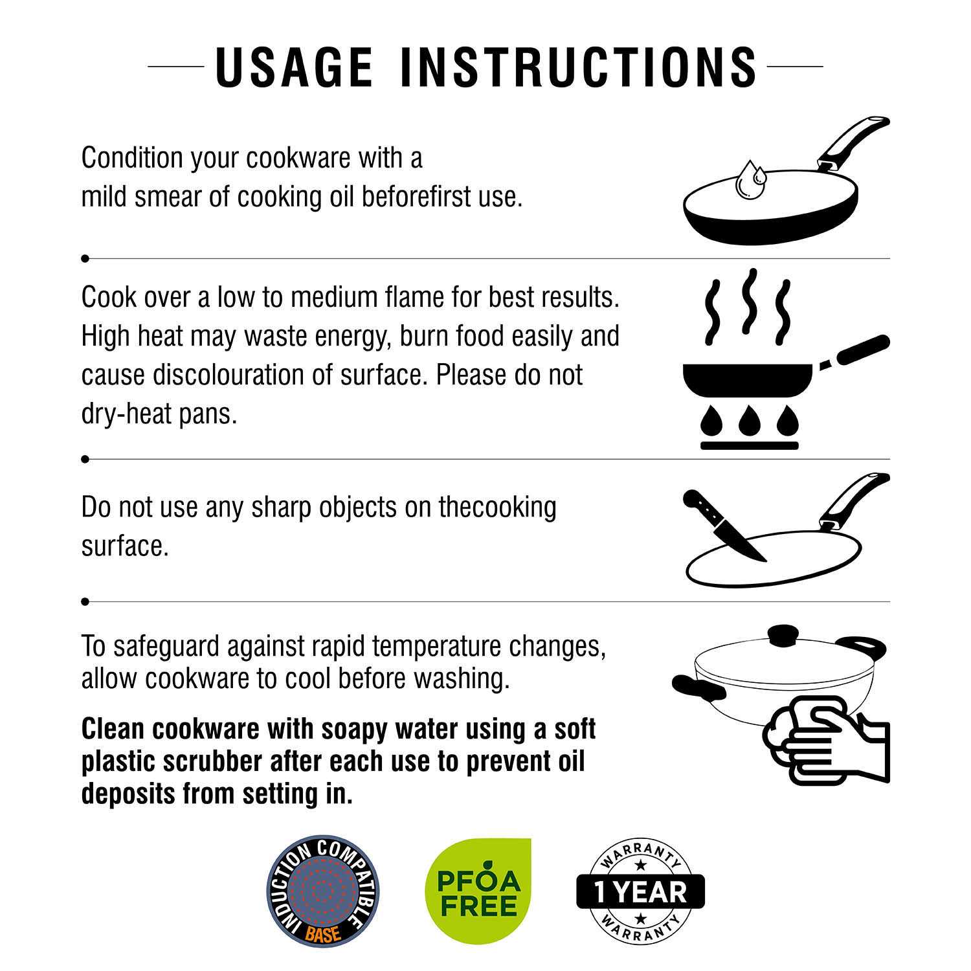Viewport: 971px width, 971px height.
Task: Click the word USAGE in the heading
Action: click(x=294, y=66)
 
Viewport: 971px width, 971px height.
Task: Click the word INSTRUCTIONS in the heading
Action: click(x=579, y=66)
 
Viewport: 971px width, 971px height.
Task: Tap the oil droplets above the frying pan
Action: click(x=751, y=179)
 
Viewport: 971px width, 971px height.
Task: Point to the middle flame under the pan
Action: click(x=750, y=420)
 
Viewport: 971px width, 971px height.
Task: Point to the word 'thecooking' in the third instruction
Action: click(x=497, y=508)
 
